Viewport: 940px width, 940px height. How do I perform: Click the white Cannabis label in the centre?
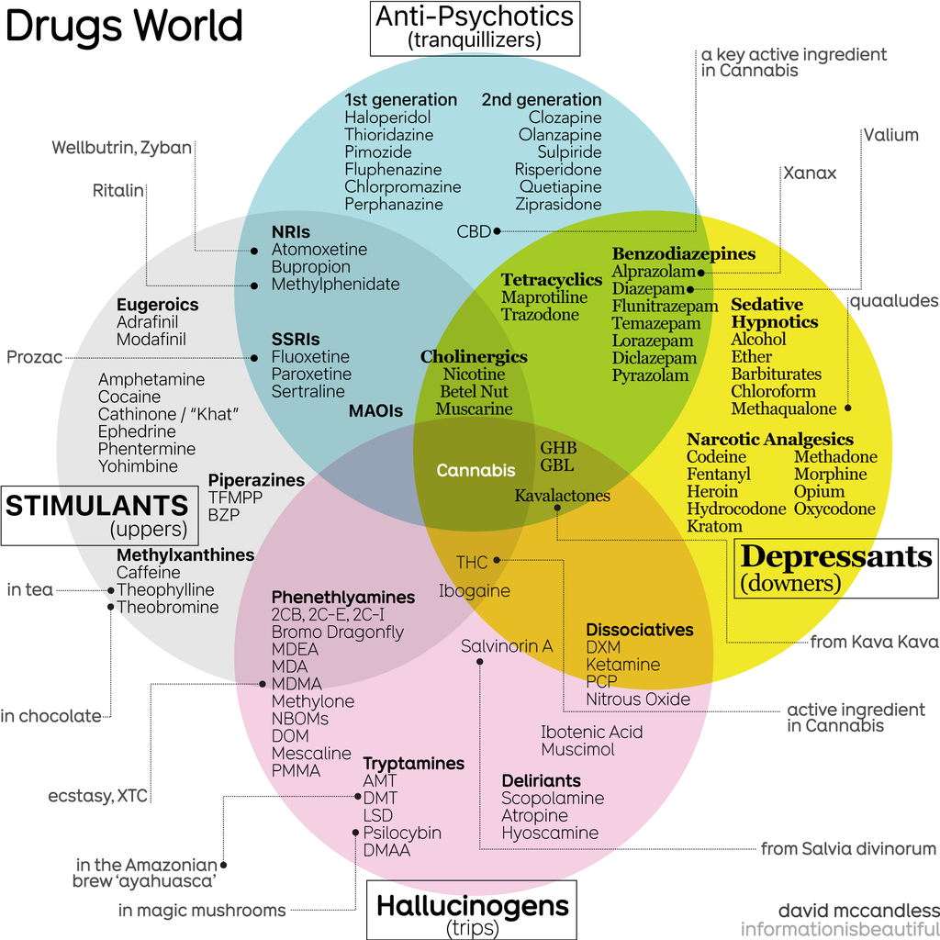pos(476,470)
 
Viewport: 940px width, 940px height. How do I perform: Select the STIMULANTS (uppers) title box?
pos(97,515)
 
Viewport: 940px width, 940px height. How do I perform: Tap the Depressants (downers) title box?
pos(834,567)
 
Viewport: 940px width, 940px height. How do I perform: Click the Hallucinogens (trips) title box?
pos(472,910)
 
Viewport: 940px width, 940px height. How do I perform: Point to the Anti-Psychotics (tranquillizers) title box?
pos(475,27)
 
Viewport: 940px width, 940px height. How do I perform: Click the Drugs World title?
pos(123,26)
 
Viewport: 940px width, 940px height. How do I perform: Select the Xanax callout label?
pos(809,173)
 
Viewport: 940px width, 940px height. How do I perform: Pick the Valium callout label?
pos(890,135)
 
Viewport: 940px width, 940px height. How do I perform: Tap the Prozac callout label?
pos(34,357)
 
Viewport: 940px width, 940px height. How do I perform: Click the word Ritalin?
pos(118,191)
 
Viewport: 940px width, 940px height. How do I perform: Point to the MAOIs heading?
pos(375,411)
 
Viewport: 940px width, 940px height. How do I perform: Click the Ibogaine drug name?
pos(474,590)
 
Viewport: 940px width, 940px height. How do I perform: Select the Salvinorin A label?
pos(507,646)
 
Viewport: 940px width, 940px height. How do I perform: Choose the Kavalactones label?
pos(562,496)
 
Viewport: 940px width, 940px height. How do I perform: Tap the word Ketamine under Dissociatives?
pos(623,664)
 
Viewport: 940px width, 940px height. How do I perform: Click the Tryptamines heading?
pos(414,764)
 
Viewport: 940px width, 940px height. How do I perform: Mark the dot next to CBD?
pos(497,231)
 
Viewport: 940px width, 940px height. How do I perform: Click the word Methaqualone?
pos(784,408)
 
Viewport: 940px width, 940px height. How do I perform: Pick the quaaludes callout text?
pos(893,301)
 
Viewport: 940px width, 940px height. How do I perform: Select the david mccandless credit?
pos(858,911)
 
